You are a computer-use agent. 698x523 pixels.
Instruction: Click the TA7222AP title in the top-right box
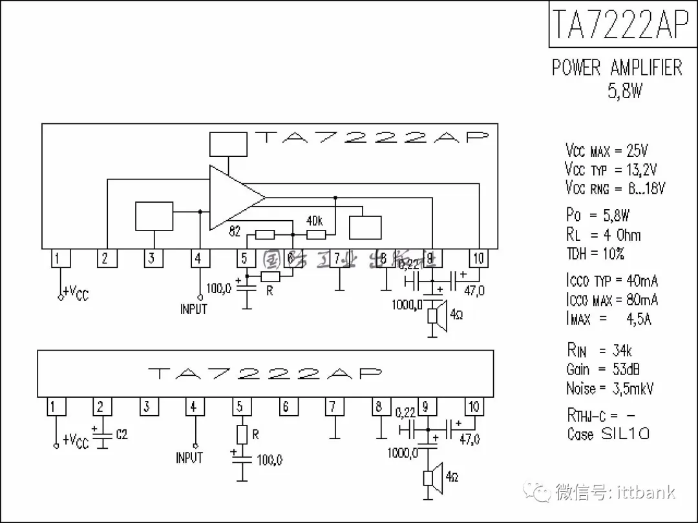coord(619,24)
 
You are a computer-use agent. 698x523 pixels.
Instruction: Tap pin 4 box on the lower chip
coord(193,407)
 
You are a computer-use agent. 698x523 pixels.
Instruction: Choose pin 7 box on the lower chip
coord(333,407)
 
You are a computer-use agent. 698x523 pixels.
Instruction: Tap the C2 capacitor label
coord(122,435)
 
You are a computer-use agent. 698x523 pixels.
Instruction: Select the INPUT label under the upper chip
coord(193,309)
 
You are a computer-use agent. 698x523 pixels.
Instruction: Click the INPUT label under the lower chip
coord(189,458)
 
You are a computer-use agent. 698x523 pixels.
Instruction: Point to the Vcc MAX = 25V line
coord(606,151)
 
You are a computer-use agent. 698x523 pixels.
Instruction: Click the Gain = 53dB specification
coord(603,369)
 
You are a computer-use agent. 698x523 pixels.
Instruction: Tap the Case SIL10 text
coord(608,433)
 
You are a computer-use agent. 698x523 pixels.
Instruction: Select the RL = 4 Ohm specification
coord(603,234)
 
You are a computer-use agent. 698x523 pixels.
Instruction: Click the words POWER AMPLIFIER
coord(617,68)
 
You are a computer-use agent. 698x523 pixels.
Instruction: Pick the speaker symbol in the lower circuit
coord(433,477)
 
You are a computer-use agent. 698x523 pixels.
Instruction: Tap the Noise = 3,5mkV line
coord(609,389)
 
